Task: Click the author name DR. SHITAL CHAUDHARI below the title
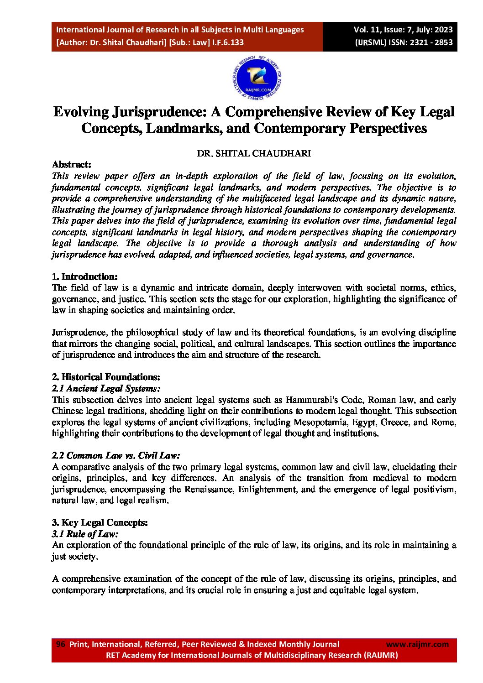click(x=254, y=154)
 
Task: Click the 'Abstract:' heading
click(x=72, y=165)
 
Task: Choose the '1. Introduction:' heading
click(x=85, y=276)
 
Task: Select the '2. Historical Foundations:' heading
click(x=106, y=377)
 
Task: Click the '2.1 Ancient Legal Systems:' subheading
click(x=106, y=388)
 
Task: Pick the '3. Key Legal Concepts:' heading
click(x=100, y=522)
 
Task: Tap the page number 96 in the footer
click(x=60, y=644)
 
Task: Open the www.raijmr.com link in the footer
click(x=417, y=644)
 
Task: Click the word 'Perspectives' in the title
click(x=388, y=129)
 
